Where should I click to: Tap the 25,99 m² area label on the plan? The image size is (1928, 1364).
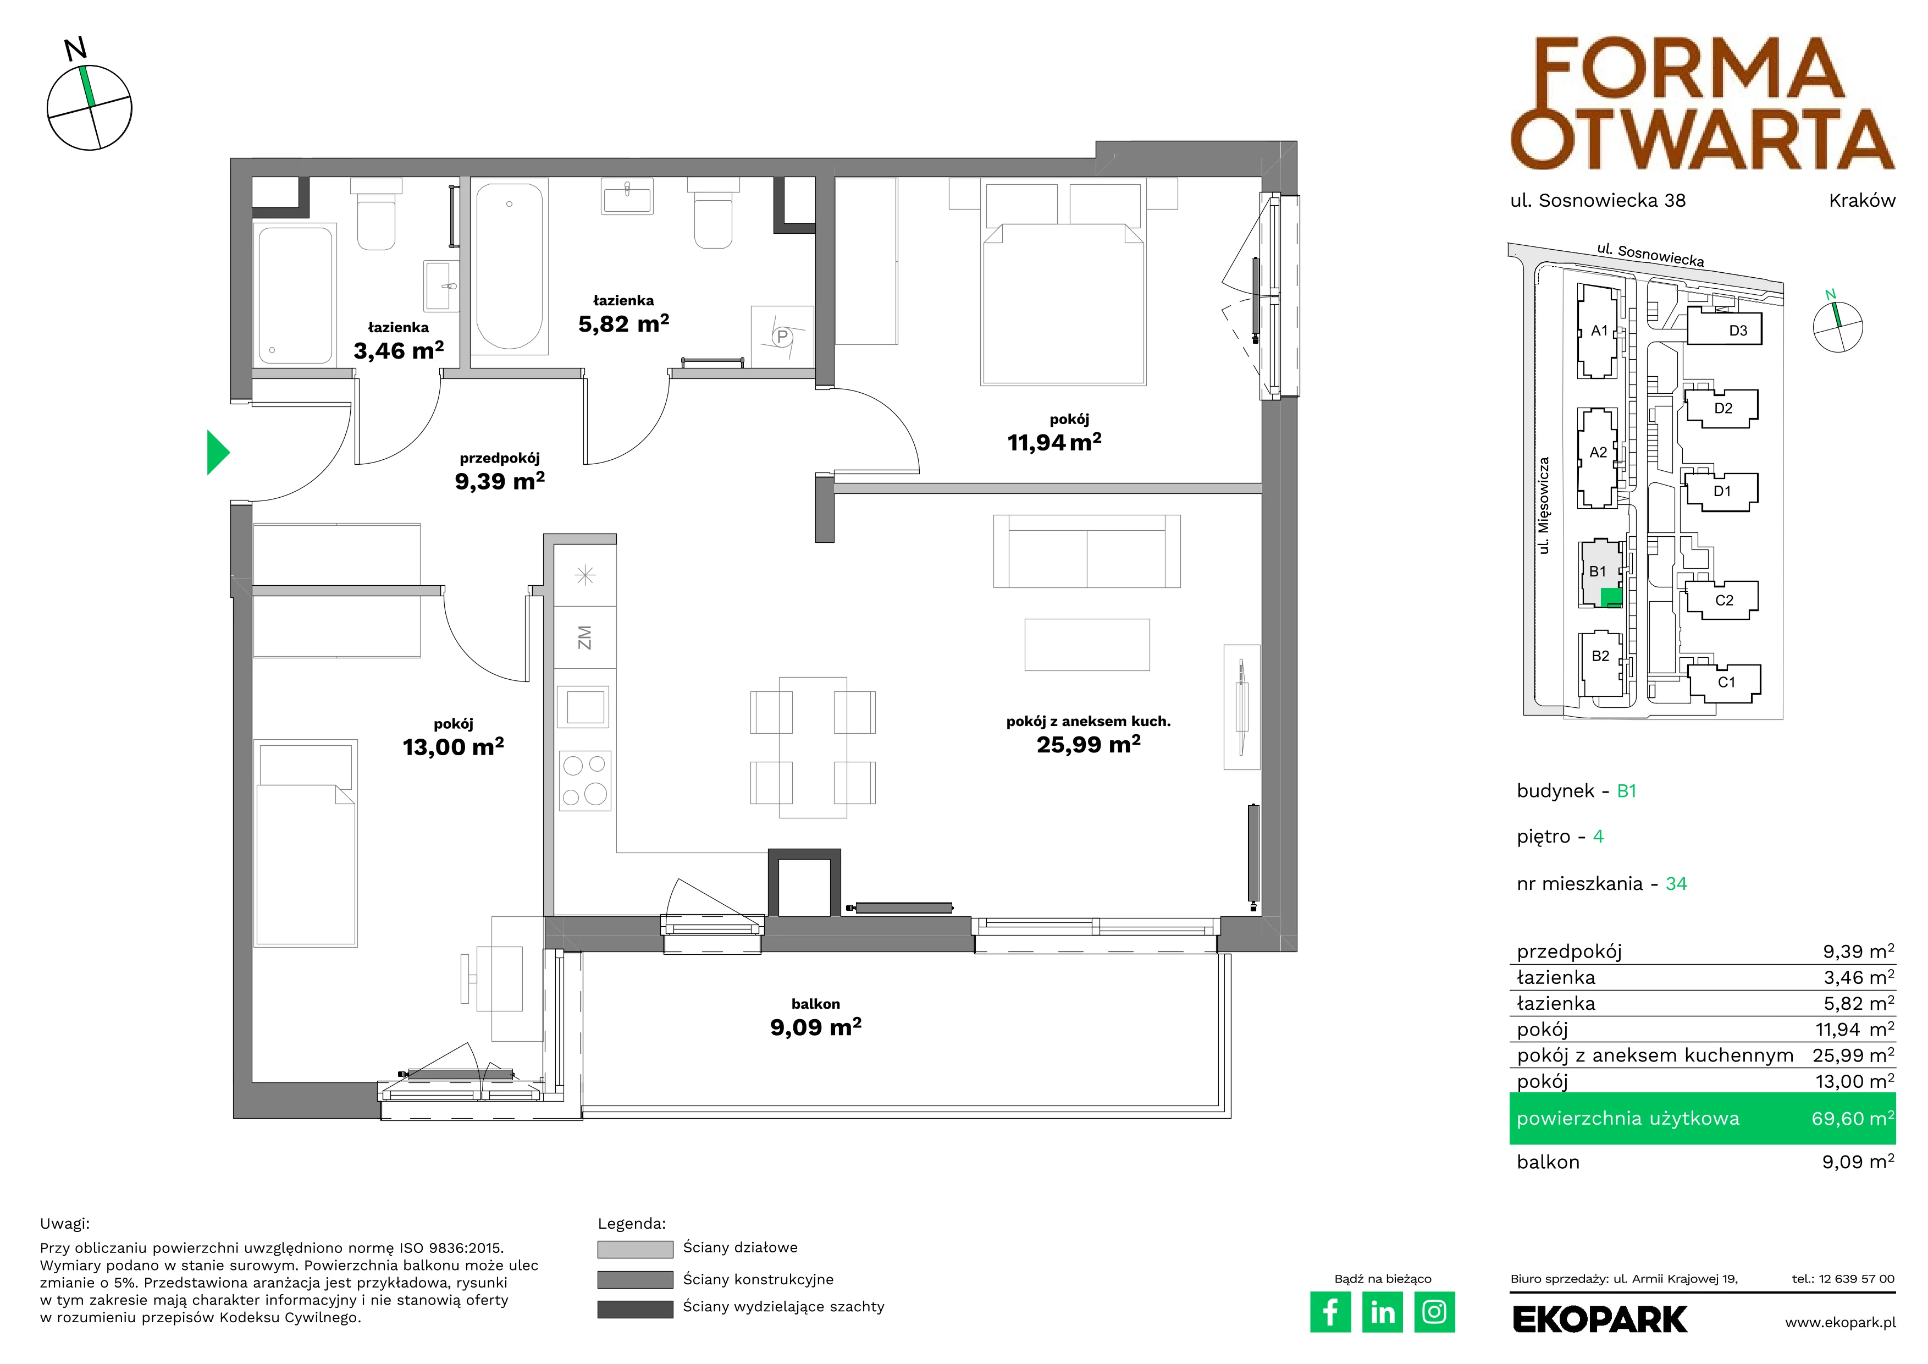coord(1089,745)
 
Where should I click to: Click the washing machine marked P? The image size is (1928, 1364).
coord(782,337)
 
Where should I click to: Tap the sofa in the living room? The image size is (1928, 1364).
coord(1087,551)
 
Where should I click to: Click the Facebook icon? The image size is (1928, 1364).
coord(1330,1312)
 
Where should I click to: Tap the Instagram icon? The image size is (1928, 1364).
coord(1434,1312)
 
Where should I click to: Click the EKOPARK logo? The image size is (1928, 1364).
coord(1600,1319)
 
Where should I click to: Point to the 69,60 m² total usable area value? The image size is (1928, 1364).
coord(1853,1119)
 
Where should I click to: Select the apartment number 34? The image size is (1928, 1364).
coord(1676,884)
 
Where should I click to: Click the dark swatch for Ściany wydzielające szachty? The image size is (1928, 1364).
coord(635,1310)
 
